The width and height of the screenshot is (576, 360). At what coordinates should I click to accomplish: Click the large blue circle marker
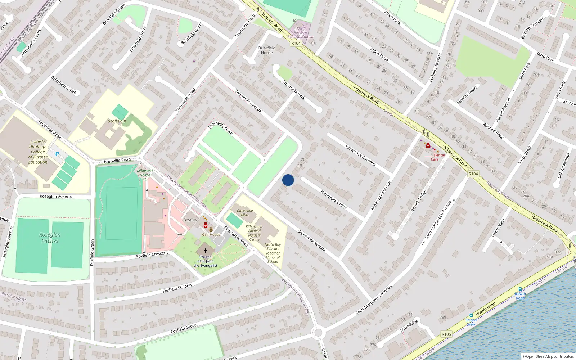(288, 180)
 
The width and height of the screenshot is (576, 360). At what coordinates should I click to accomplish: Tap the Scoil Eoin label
(117, 121)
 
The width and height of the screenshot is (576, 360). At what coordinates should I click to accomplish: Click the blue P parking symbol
(57, 154)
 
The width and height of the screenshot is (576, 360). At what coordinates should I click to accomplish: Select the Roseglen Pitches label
(50, 238)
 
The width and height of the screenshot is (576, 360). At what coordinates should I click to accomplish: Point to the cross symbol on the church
(206, 251)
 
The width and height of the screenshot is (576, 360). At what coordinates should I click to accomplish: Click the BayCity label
(190, 220)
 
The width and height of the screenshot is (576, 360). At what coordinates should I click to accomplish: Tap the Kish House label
(211, 234)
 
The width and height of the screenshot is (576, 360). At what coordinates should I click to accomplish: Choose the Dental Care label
(437, 157)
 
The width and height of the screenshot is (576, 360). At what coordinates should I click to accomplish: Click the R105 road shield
(446, 334)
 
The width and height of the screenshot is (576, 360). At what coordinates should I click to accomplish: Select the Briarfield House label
(267, 50)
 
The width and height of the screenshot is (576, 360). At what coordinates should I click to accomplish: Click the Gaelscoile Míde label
(245, 213)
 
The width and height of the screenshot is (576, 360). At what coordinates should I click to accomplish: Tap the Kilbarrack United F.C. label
(145, 175)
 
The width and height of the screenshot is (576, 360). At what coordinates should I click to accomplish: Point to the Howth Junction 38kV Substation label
(301, 32)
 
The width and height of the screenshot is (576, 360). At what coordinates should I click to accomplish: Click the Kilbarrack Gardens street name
(360, 155)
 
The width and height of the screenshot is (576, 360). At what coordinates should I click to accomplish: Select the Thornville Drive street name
(220, 128)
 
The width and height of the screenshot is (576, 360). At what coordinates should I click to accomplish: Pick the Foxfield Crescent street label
(152, 255)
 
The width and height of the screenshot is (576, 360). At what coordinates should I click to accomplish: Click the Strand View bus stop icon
(471, 315)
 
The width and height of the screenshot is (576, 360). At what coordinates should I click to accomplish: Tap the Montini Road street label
(467, 95)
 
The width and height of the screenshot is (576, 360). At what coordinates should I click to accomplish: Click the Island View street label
(499, 228)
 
